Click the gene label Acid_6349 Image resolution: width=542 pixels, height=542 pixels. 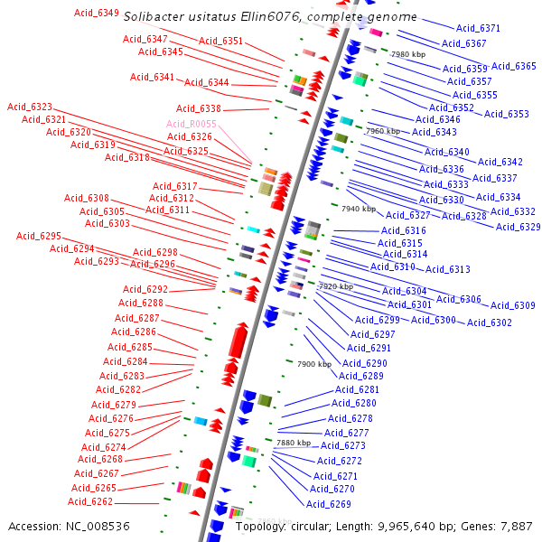(96, 13)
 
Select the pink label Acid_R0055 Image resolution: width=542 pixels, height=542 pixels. (192, 124)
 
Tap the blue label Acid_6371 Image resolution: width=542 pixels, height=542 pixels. (478, 29)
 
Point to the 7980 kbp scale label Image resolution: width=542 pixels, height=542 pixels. (407, 54)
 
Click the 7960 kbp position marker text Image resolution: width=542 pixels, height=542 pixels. (382, 131)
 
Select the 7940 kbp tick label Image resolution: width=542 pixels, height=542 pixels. (358, 209)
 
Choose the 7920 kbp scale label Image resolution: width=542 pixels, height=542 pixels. (335, 286)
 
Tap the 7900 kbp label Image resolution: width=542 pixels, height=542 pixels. (314, 364)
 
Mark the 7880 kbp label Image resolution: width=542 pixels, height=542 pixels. (293, 443)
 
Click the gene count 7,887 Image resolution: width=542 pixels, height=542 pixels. (515, 526)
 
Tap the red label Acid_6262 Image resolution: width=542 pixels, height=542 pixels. (90, 502)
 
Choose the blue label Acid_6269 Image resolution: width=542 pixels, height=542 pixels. (329, 504)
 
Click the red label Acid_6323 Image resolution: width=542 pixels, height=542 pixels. (30, 107)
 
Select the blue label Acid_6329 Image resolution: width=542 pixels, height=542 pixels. (518, 227)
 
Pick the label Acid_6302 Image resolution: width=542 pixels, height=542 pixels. (490, 322)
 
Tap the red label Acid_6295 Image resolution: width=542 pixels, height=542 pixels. (39, 236)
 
